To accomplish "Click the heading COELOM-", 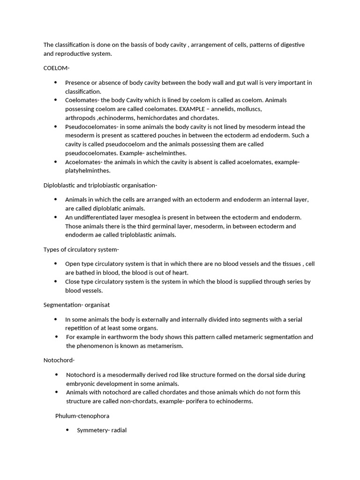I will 56,68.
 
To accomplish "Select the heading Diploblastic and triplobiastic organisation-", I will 100,185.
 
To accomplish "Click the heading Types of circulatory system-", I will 81,249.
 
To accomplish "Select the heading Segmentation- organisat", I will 77,305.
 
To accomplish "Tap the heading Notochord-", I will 59,360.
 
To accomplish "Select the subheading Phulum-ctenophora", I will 82,416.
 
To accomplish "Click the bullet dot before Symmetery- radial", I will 67,430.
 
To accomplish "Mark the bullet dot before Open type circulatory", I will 56,263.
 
